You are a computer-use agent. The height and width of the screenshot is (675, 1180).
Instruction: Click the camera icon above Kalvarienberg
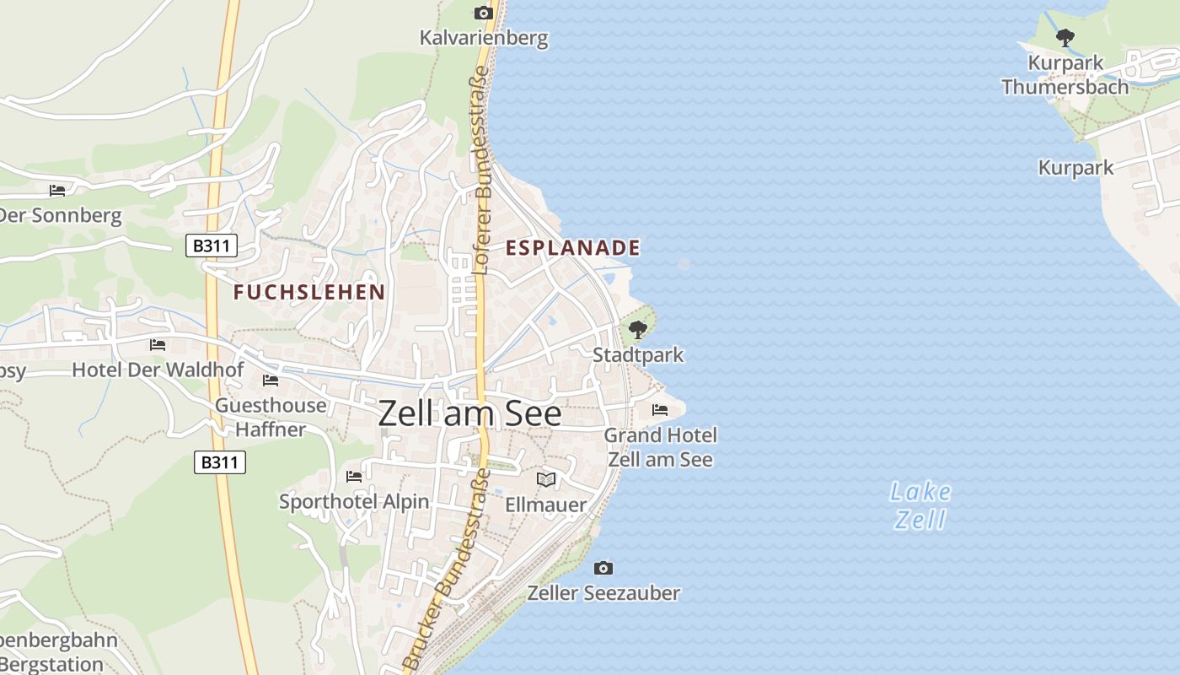click(483, 13)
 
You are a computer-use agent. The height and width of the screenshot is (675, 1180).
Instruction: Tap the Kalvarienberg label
click(484, 38)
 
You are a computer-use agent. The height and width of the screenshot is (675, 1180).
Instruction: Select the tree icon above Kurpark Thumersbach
click(1065, 37)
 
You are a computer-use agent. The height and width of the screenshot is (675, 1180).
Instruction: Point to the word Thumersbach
click(1065, 87)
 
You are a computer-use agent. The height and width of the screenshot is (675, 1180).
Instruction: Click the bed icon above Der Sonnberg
click(57, 191)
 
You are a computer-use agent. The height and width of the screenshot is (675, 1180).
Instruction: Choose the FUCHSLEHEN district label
click(309, 293)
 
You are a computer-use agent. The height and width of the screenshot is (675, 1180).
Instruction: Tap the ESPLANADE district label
click(573, 248)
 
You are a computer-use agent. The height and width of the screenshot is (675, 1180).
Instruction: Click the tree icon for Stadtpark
click(638, 330)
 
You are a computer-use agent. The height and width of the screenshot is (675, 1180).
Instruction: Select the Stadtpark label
click(638, 355)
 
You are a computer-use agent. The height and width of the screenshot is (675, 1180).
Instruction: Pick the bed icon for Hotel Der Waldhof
click(158, 345)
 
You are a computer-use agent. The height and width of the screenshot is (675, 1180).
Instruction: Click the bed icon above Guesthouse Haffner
click(271, 381)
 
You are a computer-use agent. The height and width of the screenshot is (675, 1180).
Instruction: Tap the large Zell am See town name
click(469, 413)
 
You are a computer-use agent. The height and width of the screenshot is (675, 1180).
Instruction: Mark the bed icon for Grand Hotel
click(660, 410)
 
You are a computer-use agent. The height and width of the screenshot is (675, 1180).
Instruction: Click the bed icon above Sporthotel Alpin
click(354, 477)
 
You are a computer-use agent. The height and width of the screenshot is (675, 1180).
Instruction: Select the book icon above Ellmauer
click(546, 479)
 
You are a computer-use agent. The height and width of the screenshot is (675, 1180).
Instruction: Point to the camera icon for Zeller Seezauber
click(603, 568)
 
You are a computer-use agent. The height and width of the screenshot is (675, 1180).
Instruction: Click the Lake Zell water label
click(920, 505)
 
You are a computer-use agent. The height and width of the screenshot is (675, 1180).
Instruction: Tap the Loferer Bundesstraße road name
click(482, 175)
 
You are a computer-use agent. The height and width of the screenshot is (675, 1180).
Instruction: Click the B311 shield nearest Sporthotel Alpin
click(220, 462)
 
